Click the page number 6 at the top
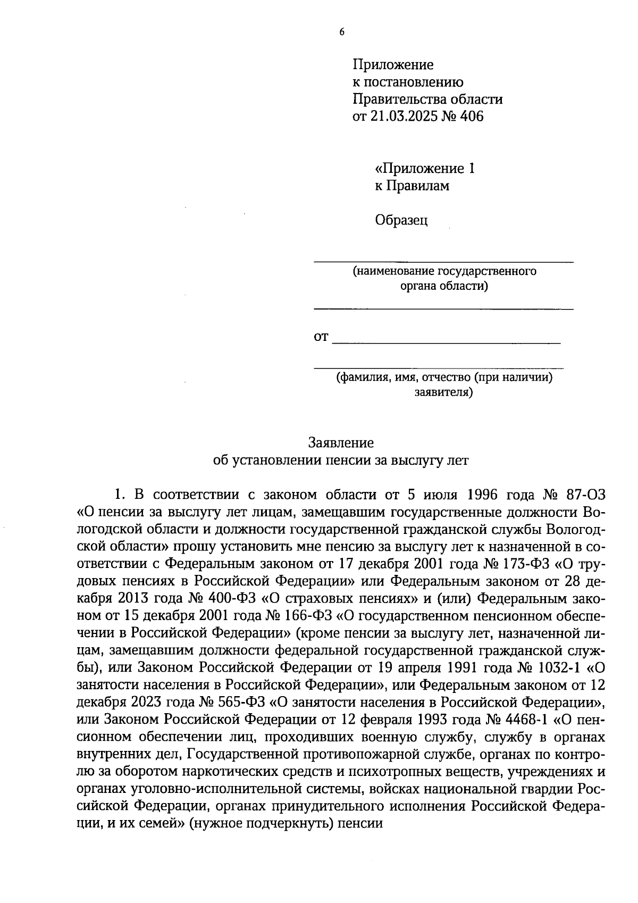click(x=342, y=32)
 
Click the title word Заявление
click(x=341, y=442)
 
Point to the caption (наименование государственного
click(x=444, y=271)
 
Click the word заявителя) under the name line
click(x=444, y=393)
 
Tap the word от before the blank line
click(x=322, y=337)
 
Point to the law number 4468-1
click(x=524, y=719)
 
